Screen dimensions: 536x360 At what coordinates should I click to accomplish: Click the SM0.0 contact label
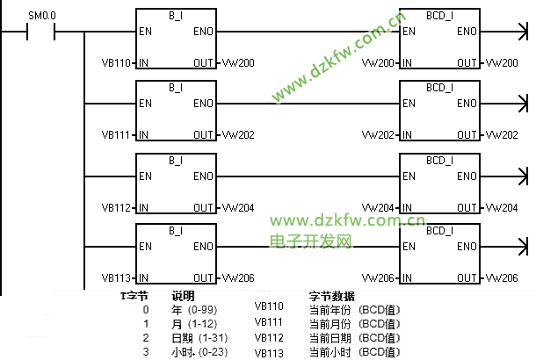(42, 16)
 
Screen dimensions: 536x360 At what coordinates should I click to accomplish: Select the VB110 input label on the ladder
(116, 63)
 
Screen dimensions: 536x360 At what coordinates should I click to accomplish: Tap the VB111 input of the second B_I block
(116, 135)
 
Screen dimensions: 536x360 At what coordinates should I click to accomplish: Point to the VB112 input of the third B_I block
(116, 208)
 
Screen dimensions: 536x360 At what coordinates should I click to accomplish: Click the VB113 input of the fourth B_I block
(116, 278)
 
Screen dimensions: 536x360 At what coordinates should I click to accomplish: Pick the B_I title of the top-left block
(176, 16)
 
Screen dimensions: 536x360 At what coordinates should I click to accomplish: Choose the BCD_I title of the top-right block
(439, 16)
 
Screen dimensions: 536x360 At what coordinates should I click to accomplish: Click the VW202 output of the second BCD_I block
(502, 135)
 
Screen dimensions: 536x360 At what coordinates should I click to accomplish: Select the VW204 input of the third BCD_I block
(378, 208)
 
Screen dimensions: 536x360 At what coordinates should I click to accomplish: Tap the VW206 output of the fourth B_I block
(238, 278)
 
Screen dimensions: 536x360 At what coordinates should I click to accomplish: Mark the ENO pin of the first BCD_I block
(467, 32)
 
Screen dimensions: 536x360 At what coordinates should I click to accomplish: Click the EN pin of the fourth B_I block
(145, 247)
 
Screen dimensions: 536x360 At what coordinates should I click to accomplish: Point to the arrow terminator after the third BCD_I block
(523, 176)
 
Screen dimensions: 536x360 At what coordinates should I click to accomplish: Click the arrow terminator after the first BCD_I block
(523, 32)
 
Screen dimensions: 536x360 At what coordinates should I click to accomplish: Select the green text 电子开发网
(311, 241)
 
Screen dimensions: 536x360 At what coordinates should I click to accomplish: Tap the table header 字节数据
(331, 296)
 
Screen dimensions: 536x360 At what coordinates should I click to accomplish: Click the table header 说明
(183, 296)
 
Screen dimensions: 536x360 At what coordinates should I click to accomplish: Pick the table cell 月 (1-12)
(194, 324)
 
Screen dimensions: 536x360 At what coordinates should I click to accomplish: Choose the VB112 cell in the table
(269, 338)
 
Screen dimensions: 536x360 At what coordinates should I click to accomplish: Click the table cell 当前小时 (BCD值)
(354, 352)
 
